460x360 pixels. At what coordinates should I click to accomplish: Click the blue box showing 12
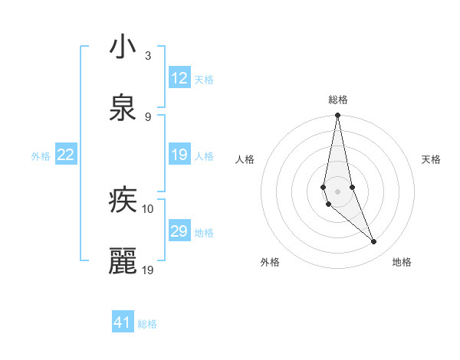[179, 78]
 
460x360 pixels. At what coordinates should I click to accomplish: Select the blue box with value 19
[179, 155]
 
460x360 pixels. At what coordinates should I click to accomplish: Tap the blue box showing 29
[179, 231]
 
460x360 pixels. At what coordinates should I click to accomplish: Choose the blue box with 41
[123, 322]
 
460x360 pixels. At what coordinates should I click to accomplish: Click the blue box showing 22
[66, 155]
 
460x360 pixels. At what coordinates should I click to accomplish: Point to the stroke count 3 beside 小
[148, 56]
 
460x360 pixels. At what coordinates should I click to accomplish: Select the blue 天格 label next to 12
[204, 79]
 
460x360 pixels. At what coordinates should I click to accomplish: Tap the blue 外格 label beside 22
[41, 156]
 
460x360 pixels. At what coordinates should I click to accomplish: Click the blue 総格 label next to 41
[147, 324]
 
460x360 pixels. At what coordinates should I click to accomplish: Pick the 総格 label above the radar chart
[338, 100]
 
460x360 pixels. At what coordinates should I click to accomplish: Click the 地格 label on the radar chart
[402, 263]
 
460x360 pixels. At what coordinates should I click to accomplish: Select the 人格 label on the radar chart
[245, 159]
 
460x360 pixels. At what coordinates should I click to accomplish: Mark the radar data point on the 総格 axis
[337, 116]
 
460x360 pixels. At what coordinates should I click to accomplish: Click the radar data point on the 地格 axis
[374, 242]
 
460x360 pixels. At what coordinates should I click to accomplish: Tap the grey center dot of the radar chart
[337, 191]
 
